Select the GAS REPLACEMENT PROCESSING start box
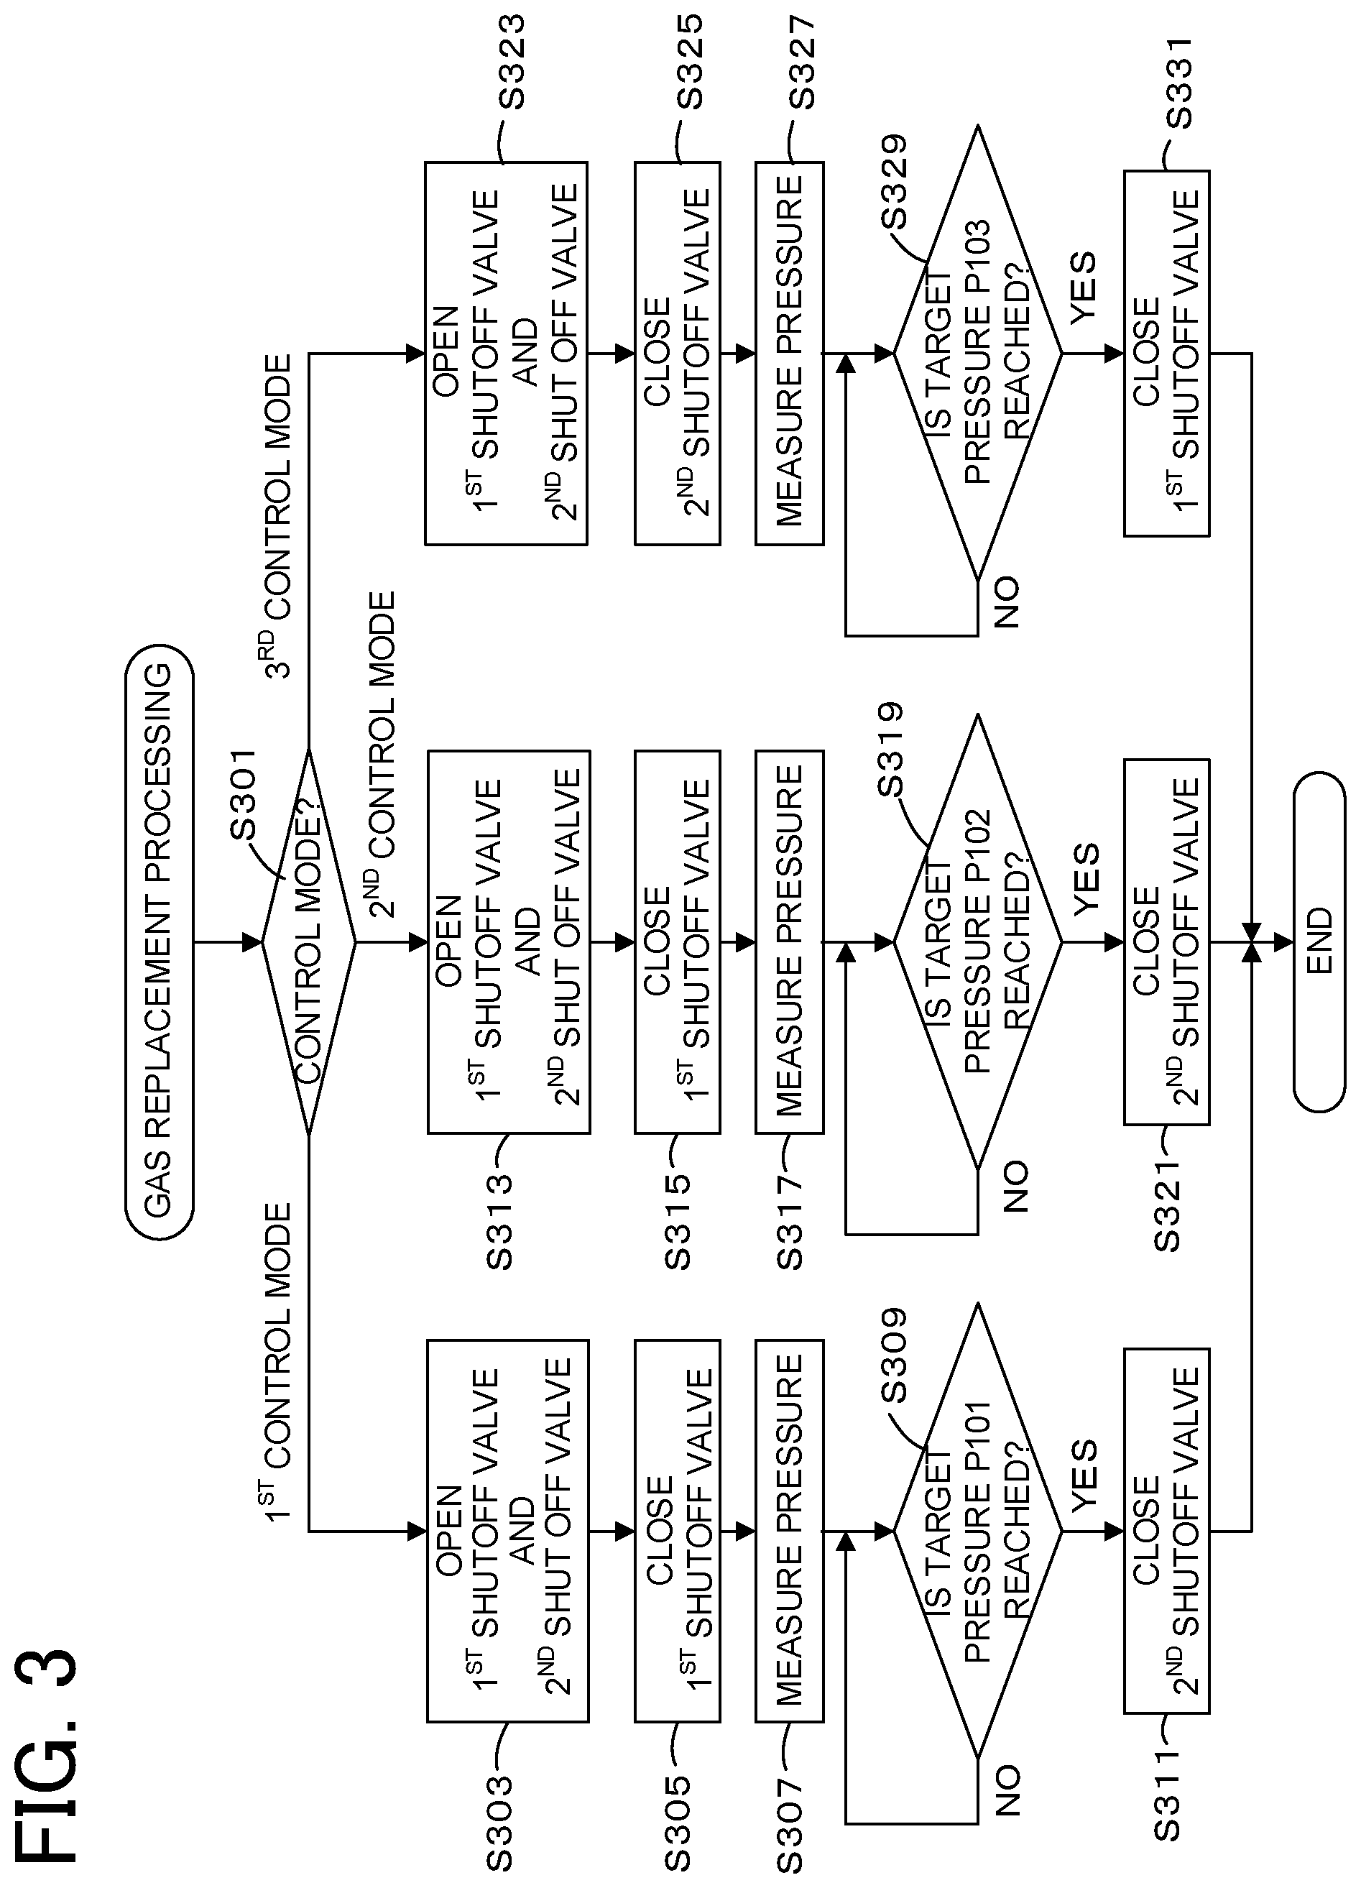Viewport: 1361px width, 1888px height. (159, 941)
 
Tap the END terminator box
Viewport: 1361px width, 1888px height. (1319, 941)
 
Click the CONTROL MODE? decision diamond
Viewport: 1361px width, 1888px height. (309, 941)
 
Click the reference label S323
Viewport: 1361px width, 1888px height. (512, 63)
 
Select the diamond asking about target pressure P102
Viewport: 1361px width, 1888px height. (978, 941)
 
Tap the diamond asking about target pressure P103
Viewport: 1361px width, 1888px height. (978, 353)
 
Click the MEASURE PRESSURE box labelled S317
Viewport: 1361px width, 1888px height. (789, 941)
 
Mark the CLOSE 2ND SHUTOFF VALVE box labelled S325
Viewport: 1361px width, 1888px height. (678, 353)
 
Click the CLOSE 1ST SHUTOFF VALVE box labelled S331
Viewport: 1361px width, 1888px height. (1166, 353)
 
